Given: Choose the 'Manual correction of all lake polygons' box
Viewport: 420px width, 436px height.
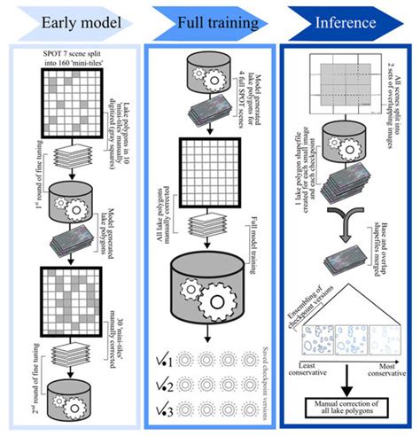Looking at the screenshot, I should (x=348, y=409).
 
